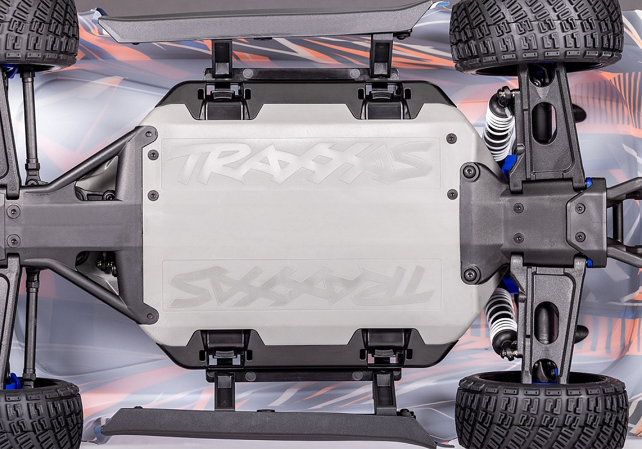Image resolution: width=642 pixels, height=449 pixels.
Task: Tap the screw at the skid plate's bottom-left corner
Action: click(x=151, y=316)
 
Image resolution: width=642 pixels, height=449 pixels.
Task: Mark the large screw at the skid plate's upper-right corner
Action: click(x=471, y=172)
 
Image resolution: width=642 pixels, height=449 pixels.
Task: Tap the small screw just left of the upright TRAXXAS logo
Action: click(x=153, y=155)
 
